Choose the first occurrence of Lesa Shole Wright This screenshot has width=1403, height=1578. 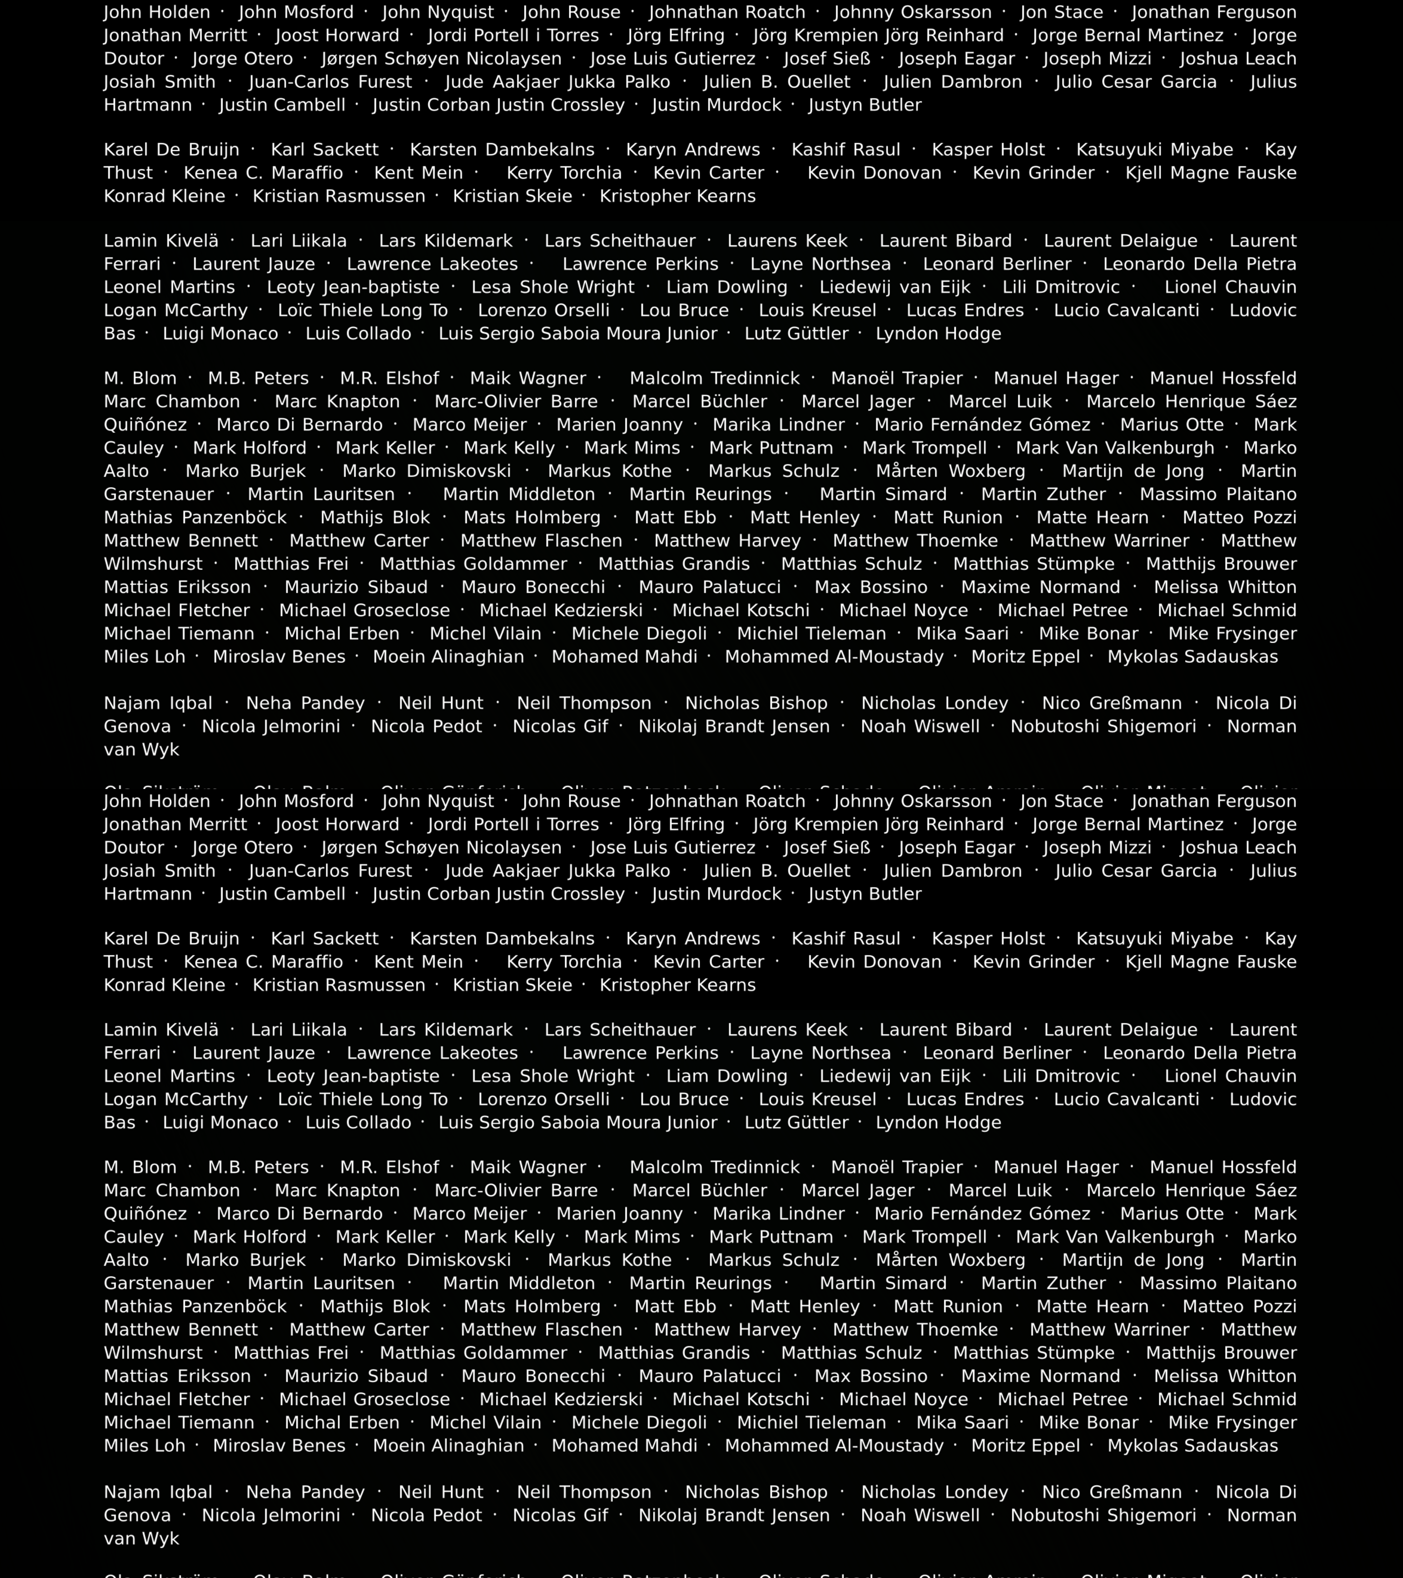coord(553,287)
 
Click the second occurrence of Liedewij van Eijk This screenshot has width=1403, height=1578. coord(895,1076)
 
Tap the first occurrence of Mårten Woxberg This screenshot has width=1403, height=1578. coord(951,471)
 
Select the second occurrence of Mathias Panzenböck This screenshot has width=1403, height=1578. coord(195,1306)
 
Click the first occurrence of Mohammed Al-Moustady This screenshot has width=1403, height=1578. coord(834,657)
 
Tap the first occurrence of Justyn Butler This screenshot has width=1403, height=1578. coord(865,105)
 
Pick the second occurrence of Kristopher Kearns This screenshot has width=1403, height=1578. coord(677,985)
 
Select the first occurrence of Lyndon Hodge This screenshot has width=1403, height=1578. coord(938,333)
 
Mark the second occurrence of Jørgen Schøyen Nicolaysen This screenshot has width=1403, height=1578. coord(442,848)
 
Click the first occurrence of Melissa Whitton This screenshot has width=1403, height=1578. coord(1224,587)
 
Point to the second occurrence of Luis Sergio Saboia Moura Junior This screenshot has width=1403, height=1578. coord(578,1122)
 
